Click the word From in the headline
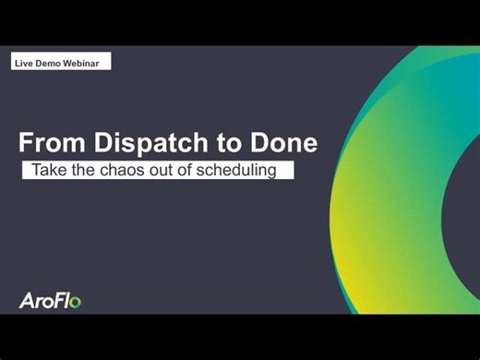pos(48,143)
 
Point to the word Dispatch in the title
pos(140,143)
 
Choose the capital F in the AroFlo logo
pos(60,299)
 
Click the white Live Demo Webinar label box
pos(62,62)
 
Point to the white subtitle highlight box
pos(158,170)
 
